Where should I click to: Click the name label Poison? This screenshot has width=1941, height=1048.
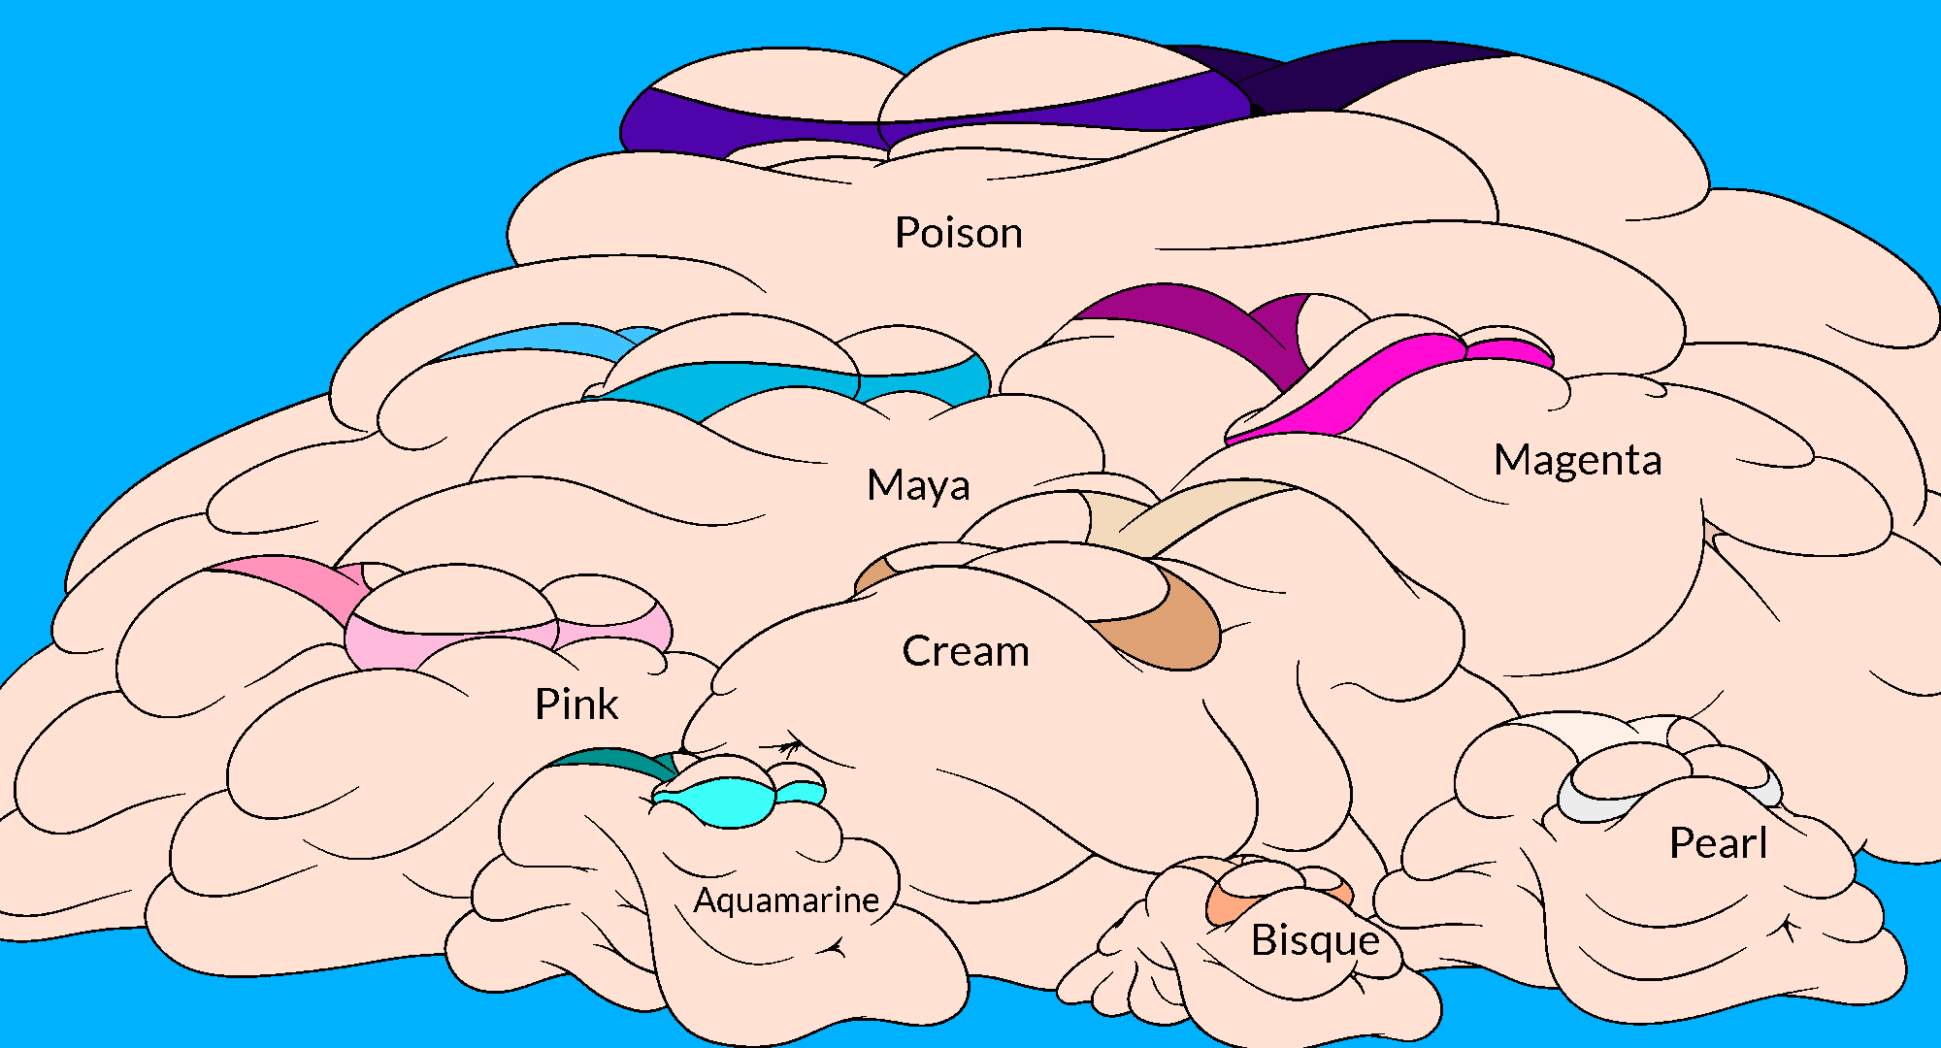coord(958,233)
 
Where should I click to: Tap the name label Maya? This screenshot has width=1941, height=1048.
coord(917,485)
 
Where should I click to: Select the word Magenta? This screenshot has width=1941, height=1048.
coord(1577,460)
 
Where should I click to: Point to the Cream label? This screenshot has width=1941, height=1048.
coord(966,651)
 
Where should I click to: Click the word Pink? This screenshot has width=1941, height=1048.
coord(576,704)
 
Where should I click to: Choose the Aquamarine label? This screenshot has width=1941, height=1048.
coord(786,901)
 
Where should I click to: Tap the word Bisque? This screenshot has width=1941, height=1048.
coord(1315,940)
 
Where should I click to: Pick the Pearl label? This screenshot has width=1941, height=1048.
coord(1718,843)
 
